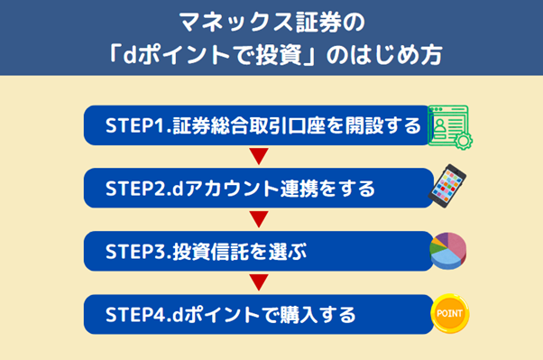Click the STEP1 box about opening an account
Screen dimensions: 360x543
pyautogui.click(x=257, y=126)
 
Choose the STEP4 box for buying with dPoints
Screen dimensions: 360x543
pyautogui.click(x=257, y=315)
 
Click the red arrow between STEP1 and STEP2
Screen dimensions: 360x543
pyautogui.click(x=259, y=158)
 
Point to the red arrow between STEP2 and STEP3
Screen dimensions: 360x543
pyautogui.click(x=259, y=220)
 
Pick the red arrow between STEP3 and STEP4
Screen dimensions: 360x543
pyautogui.click(x=259, y=283)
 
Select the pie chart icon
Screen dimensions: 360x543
pyautogui.click(x=448, y=252)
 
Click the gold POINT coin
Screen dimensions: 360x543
pyautogui.click(x=449, y=315)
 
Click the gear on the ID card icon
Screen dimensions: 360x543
pyautogui.click(x=464, y=140)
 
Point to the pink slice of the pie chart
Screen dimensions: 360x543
pyautogui.click(x=457, y=245)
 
